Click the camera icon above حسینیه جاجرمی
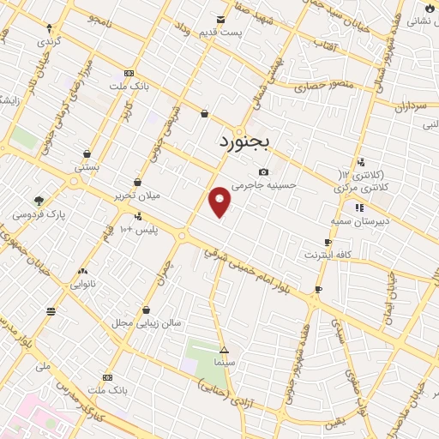click(x=263, y=171)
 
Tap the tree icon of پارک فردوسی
click(x=39, y=201)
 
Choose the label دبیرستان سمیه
click(x=358, y=220)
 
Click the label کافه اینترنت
click(x=328, y=255)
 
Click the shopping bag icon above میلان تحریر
click(x=138, y=182)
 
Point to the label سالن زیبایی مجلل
click(x=147, y=323)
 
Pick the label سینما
click(x=224, y=364)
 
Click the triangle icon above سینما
click(x=224, y=351)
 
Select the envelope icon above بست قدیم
click(x=222, y=20)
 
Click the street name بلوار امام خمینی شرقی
click(x=257, y=273)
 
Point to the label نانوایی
click(x=83, y=282)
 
